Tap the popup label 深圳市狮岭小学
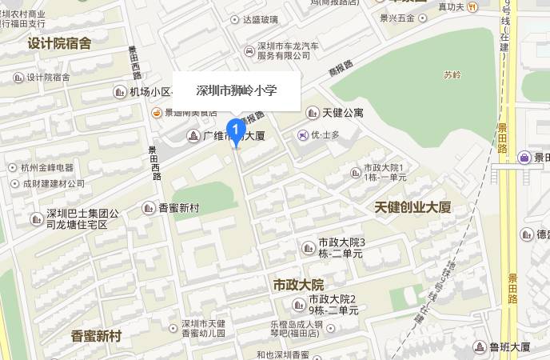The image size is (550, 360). tap(237, 90)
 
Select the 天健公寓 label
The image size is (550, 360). tap(343, 113)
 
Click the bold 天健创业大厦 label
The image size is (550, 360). tap(412, 207)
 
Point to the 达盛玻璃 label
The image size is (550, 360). tap(261, 19)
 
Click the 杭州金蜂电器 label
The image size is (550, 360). tap(47, 168)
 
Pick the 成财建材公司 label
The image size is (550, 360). tap(53, 183)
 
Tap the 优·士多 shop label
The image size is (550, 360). tap(325, 134)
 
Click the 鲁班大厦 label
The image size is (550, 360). tap(509, 347)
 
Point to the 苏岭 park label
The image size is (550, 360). tap(452, 74)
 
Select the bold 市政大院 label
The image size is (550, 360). tap(298, 285)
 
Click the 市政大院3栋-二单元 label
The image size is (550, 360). tap(341, 247)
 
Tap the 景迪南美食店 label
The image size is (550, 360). tap(190, 113)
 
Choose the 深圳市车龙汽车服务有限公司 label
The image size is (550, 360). tap(283, 50)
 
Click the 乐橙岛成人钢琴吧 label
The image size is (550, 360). tap(297, 330)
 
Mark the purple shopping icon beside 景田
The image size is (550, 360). tap(524, 158)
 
